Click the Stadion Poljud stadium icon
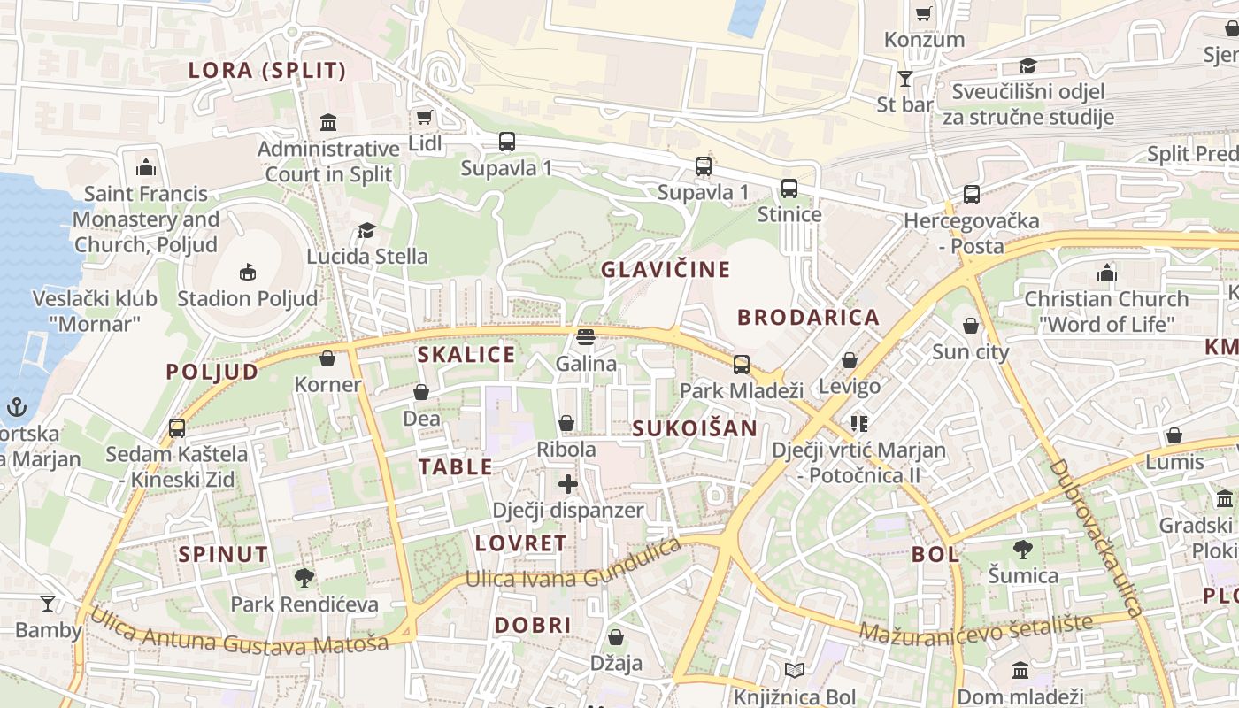pos(248,272)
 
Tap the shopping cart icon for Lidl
pos(425,117)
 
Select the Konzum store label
pos(925,40)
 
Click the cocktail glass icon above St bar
pos(904,79)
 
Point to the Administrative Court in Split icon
pos(328,121)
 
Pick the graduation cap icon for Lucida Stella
pos(366,231)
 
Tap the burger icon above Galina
pos(585,336)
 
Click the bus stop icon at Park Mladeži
pos(742,364)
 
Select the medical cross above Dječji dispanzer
pos(568,484)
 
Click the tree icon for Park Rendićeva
pos(304,578)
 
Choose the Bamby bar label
pos(49,630)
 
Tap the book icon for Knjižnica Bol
pos(795,671)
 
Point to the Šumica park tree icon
pos(1023,550)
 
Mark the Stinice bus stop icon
pos(789,189)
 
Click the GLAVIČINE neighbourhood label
pos(666,270)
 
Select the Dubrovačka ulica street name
pos(1097,538)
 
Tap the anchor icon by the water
pos(16,407)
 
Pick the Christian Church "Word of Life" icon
pos(1106,273)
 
